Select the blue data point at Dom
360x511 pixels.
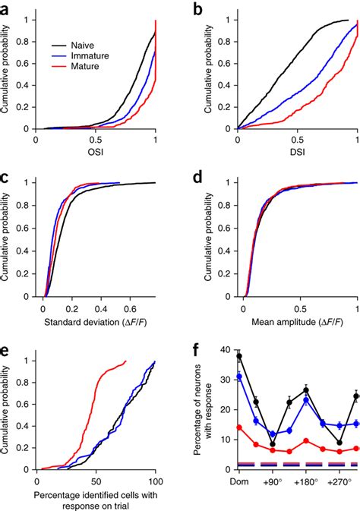[x=239, y=377]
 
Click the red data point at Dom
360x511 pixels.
[x=239, y=427]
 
